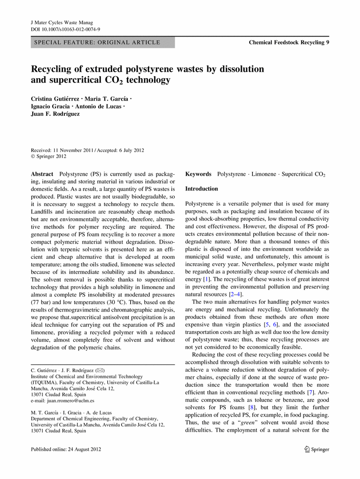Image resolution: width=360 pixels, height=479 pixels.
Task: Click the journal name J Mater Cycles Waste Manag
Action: pyautogui.click(x=61, y=22)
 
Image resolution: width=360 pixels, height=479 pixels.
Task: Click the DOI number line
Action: pyautogui.click(x=65, y=29)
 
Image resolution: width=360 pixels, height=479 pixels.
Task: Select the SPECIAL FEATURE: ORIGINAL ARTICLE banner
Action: pyautogui.click(x=102, y=42)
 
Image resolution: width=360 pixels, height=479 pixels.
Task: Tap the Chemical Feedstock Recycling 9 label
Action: pyautogui.click(x=289, y=42)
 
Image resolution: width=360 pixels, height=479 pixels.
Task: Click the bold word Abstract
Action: pyautogui.click(x=42, y=174)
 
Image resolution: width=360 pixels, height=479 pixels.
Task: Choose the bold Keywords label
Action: pyautogui.click(x=199, y=174)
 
